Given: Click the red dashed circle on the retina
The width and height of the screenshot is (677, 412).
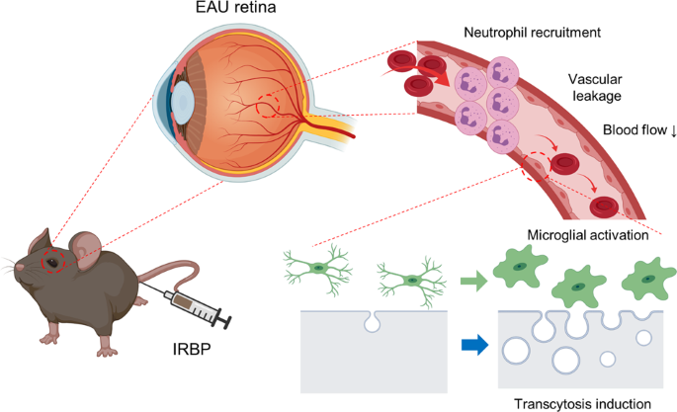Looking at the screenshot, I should pos(271,103).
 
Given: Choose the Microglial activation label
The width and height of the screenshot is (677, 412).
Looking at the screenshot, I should pos(586,235).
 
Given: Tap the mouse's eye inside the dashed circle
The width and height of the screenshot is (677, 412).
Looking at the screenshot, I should pos(51,262).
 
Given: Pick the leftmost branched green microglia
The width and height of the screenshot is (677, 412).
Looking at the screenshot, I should pos(317,268).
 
